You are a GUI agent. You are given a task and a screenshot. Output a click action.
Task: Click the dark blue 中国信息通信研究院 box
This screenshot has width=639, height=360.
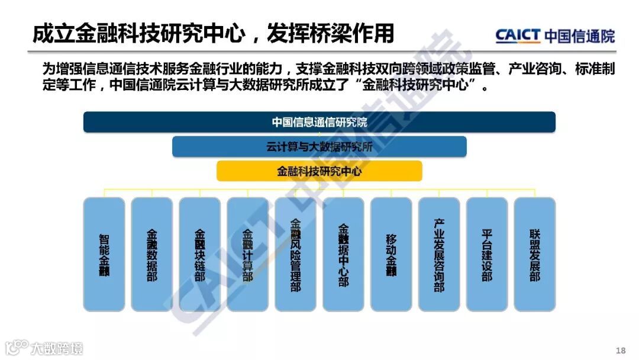319,122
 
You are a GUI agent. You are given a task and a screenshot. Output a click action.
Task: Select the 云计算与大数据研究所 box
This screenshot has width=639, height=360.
319,147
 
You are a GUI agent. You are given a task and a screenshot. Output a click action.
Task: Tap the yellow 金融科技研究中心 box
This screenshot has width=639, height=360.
319,171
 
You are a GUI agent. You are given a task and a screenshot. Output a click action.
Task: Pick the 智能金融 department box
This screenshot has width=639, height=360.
104,255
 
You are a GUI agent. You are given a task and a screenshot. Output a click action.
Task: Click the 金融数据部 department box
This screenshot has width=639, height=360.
152,255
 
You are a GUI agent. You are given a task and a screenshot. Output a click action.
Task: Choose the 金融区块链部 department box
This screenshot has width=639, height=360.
200,255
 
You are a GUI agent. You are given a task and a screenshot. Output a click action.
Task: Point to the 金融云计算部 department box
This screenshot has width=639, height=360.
247,255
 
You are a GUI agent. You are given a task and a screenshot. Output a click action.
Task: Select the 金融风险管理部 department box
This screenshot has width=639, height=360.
295,255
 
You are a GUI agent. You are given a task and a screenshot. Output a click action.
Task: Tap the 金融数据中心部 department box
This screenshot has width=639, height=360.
343,255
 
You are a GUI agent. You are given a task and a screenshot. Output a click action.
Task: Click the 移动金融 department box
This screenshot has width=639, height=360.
391,255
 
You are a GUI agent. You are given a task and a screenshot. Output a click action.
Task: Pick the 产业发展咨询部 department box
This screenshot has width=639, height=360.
439,255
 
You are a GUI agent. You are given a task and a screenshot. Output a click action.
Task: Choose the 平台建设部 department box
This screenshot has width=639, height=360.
487,255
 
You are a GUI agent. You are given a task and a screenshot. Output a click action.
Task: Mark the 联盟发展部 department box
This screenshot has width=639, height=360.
535,255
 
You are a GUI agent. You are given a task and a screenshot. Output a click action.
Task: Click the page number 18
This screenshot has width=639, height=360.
620,351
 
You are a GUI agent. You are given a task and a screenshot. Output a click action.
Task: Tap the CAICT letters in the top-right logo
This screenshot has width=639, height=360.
518,36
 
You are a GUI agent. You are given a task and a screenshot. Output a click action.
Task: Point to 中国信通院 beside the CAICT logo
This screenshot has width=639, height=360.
579,36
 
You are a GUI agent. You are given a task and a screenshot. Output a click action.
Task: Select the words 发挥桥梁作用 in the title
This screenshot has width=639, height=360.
331,34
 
